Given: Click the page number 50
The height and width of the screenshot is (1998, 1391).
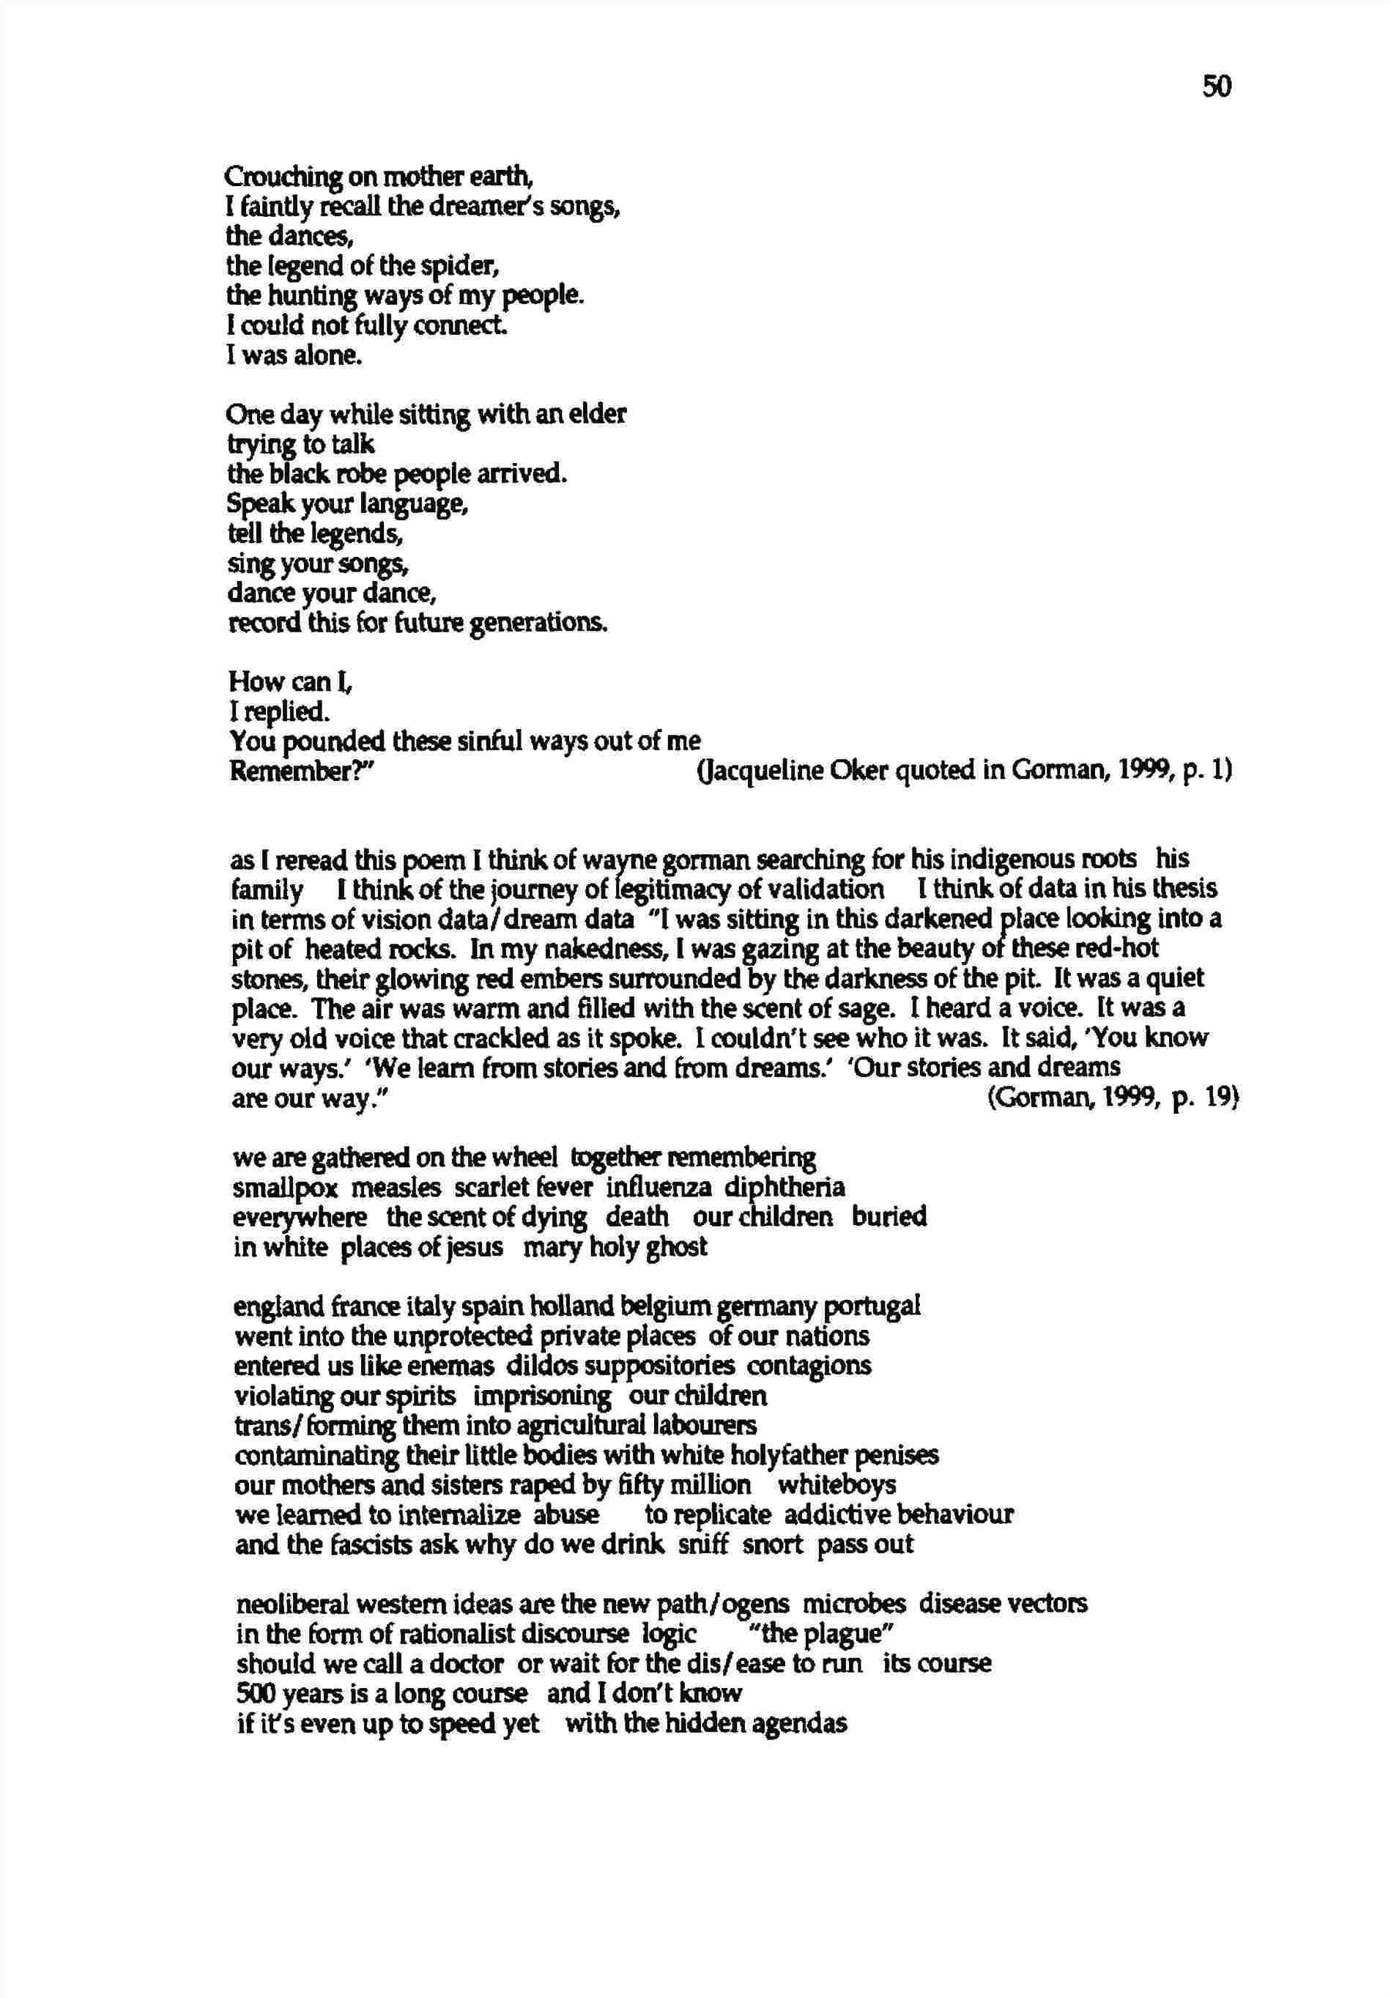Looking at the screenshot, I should (1216, 86).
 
